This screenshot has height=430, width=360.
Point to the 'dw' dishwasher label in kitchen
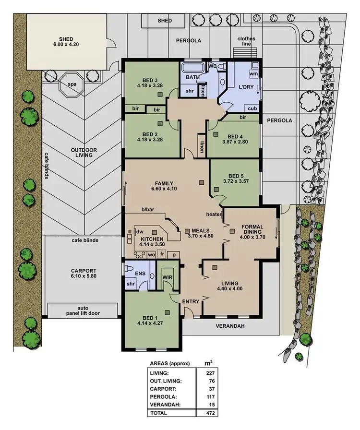[x=141, y=231]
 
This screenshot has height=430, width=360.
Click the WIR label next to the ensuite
[x=167, y=277]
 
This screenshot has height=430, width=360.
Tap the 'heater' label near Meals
[x=214, y=214]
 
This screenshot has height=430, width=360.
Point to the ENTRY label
[x=191, y=301]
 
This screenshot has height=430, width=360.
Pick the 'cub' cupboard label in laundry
[x=252, y=108]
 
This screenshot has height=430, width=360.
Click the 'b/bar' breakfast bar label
[x=147, y=210]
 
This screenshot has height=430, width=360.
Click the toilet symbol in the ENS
[x=129, y=270]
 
